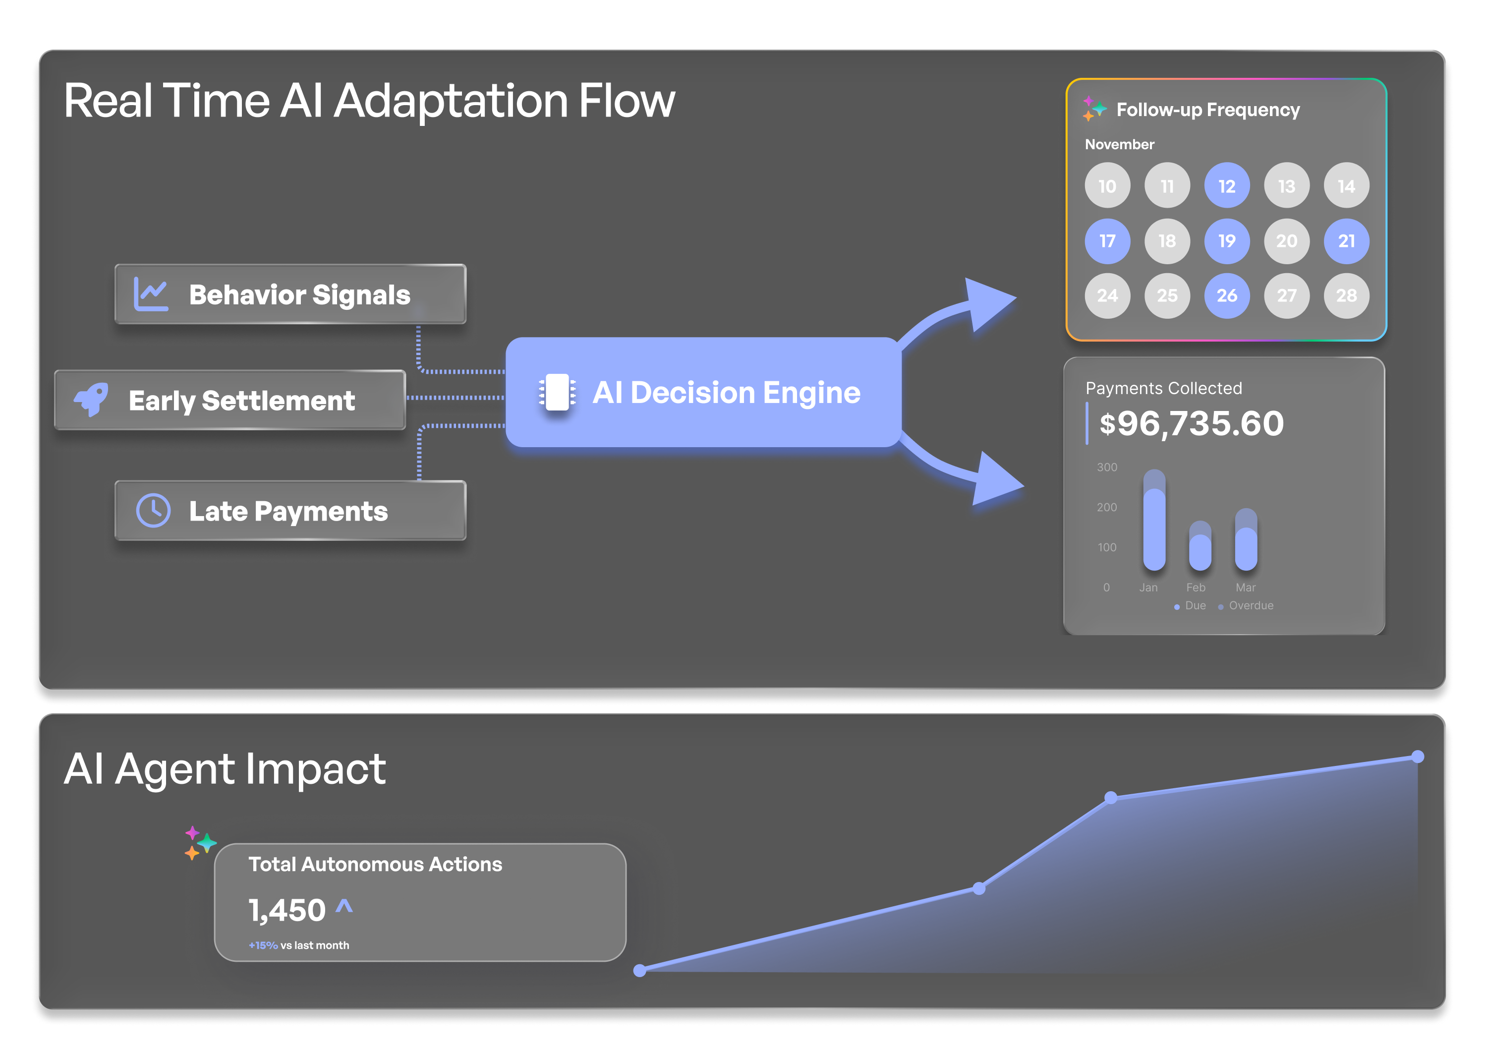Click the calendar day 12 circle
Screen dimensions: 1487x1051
coord(1227,186)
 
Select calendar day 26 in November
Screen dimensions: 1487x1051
coord(1227,295)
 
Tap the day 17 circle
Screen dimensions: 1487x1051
coord(1107,241)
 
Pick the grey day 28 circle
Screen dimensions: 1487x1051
coord(1346,295)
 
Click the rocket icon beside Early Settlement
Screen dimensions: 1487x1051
coord(91,399)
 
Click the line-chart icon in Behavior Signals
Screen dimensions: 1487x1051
coord(151,294)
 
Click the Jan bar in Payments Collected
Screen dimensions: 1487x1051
coord(1154,520)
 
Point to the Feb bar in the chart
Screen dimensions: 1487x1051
coord(1200,546)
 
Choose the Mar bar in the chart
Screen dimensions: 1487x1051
coord(1246,539)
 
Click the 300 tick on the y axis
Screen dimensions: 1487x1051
coord(1107,467)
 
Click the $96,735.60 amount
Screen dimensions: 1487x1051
coord(1192,423)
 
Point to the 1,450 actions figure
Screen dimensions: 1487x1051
coord(287,910)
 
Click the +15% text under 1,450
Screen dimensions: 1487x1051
coord(263,945)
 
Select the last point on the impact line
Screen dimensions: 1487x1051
coord(1418,757)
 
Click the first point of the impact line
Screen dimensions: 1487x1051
coord(640,970)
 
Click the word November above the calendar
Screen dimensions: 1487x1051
coord(1119,144)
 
